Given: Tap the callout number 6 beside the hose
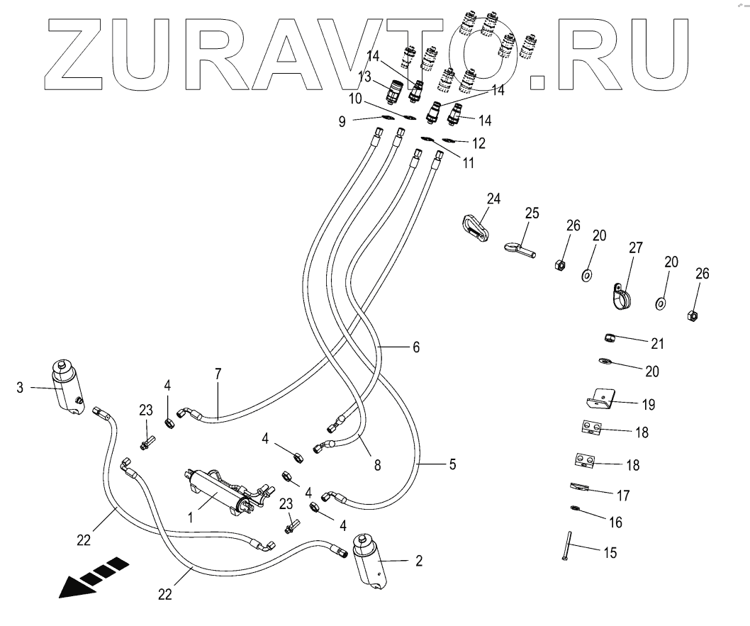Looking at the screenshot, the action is tap(416, 347).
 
